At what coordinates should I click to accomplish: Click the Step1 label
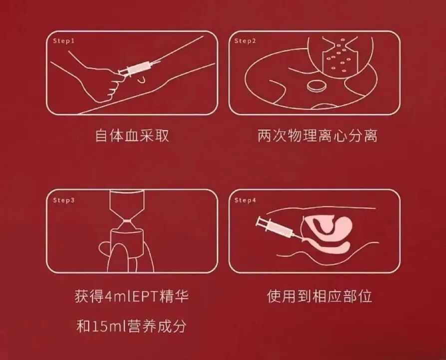pos(63,41)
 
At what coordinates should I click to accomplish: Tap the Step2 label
pos(245,41)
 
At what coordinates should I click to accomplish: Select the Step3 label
pos(63,200)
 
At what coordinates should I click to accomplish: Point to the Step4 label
pos(245,200)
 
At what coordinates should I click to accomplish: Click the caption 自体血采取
pos(132,135)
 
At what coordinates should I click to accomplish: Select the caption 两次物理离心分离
pos(318,135)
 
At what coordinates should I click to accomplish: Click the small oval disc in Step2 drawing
pos(316,85)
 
